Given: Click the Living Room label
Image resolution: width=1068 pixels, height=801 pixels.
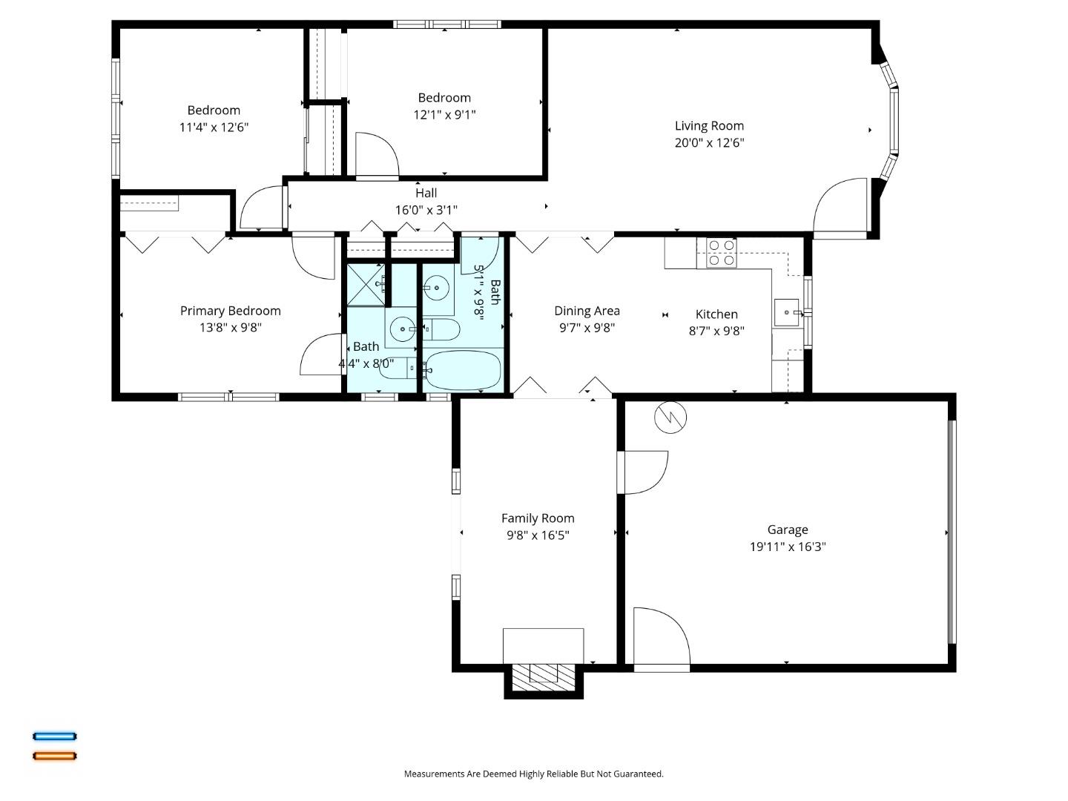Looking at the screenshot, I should click(709, 126).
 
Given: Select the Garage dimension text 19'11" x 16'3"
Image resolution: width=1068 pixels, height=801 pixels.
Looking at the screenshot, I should click(788, 547).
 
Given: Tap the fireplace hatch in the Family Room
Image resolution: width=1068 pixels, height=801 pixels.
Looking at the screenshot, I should click(544, 675).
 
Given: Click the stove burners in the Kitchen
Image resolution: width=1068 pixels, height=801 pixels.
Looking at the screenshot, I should click(721, 253).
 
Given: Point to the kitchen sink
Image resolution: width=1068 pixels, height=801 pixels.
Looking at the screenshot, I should click(787, 313).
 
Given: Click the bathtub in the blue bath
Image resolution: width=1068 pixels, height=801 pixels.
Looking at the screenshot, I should click(463, 370).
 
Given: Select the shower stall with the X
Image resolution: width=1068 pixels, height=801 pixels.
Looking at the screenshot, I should click(366, 285).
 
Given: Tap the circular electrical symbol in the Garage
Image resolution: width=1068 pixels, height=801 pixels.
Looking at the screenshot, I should click(670, 418).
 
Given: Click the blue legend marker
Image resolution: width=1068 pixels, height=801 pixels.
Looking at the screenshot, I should click(54, 736).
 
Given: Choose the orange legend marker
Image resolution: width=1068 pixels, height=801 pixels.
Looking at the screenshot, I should click(54, 756).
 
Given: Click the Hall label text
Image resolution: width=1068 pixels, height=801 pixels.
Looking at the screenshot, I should click(426, 194).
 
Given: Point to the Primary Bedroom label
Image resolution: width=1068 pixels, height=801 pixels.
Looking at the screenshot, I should click(230, 311).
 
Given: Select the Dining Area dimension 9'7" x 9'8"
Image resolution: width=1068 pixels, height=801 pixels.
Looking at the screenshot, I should click(587, 328).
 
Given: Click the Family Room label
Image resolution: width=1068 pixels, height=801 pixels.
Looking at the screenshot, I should click(538, 518).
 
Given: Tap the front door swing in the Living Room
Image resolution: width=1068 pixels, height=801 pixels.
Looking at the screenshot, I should click(842, 208).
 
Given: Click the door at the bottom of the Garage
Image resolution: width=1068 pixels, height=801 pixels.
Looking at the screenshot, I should click(662, 639).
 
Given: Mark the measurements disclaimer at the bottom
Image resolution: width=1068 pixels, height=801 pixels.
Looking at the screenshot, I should click(533, 774).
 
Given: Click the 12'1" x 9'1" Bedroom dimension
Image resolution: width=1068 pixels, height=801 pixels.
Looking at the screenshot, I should click(444, 115).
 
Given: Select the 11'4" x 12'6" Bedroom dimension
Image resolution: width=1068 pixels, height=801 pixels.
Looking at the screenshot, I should click(214, 128).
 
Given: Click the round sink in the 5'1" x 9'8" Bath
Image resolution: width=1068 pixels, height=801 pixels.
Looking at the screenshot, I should click(438, 286).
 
